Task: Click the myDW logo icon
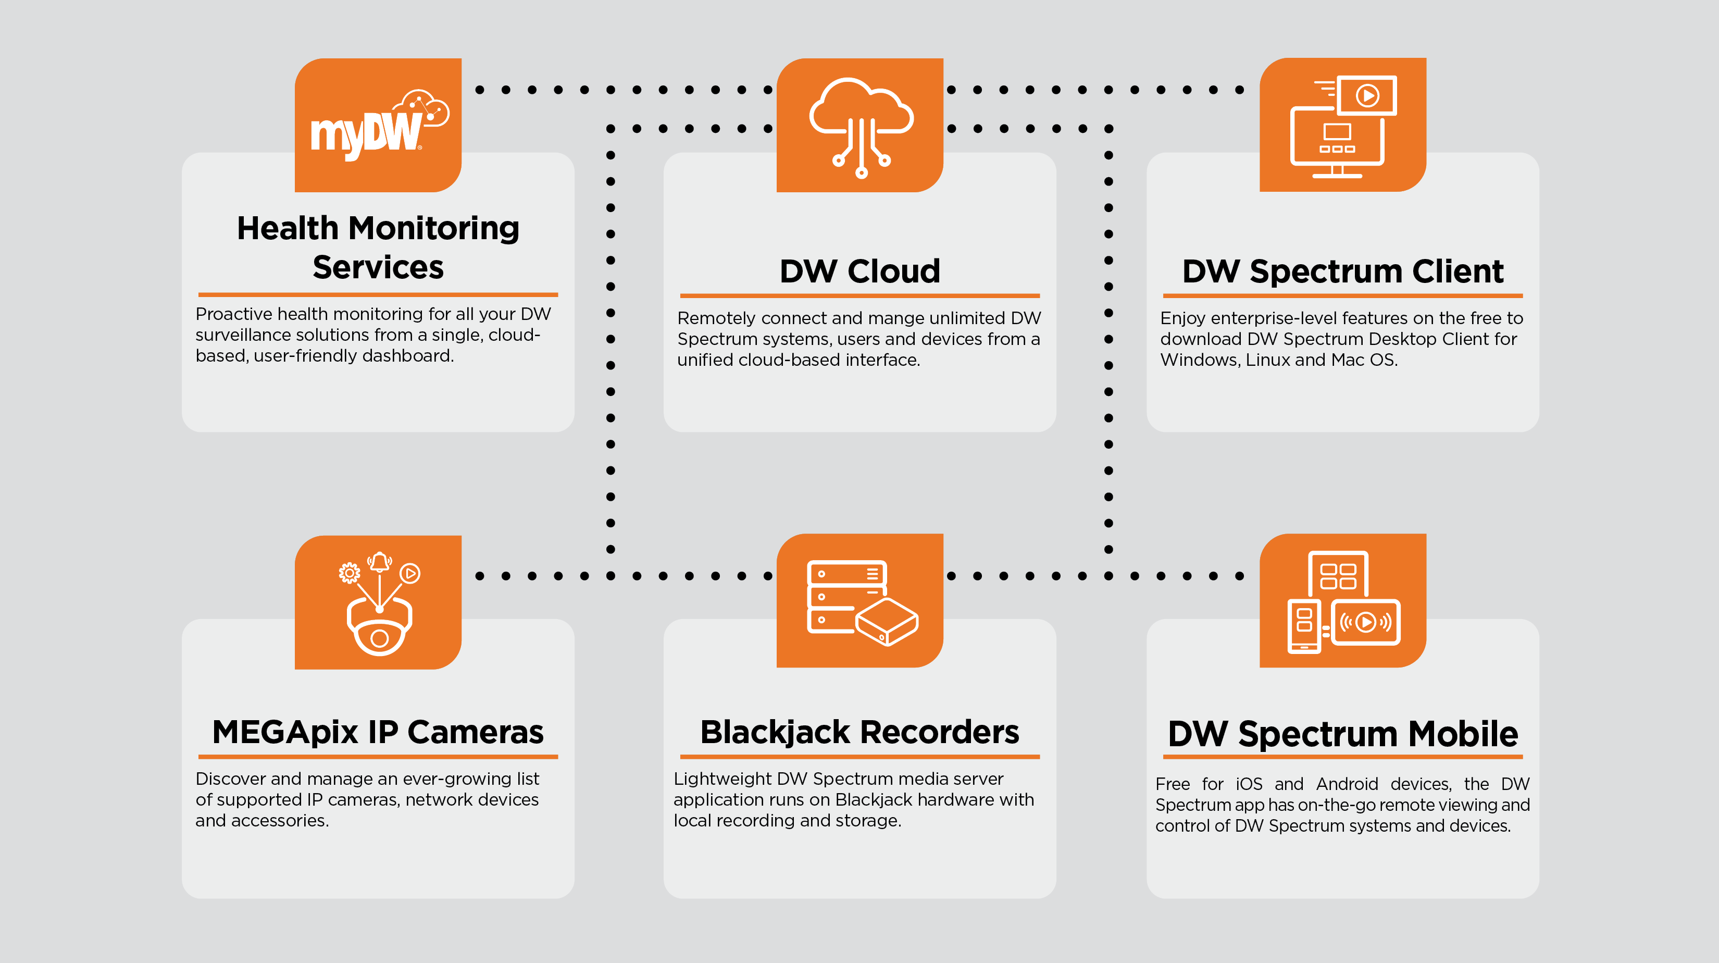click(x=378, y=126)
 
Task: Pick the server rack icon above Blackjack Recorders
click(x=861, y=601)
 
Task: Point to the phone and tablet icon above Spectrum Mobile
click(x=1342, y=601)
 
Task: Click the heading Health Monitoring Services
click(x=378, y=248)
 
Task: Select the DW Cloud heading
click(x=859, y=271)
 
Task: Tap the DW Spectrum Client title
click(x=1342, y=271)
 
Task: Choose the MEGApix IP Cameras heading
click(x=378, y=732)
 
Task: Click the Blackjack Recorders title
click(x=859, y=732)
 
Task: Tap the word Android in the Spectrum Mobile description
click(x=1347, y=784)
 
